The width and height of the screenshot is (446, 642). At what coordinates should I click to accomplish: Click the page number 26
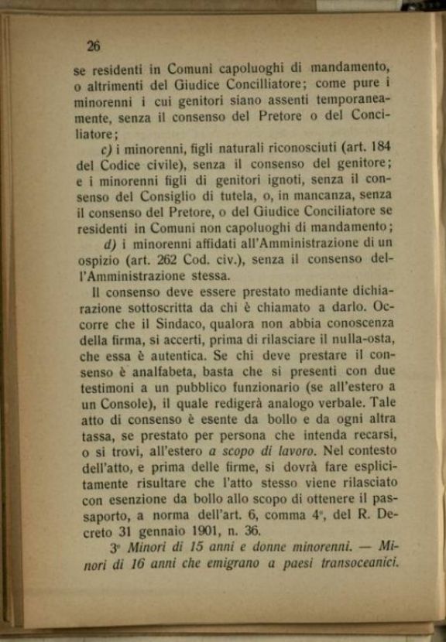click(94, 46)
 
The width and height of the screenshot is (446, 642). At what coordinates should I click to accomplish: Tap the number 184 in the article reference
click(376, 146)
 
